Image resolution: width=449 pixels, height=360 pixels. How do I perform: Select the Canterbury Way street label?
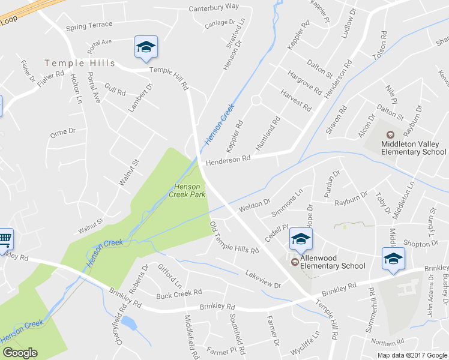click(x=214, y=7)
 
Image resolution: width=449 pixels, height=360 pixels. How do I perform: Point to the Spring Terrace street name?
click(x=89, y=26)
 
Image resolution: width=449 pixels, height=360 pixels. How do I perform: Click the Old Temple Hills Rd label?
click(x=234, y=237)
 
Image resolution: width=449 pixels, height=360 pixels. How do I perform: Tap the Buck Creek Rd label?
click(x=178, y=294)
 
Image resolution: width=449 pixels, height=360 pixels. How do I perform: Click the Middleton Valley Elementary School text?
click(x=414, y=148)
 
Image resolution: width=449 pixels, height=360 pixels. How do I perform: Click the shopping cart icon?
click(x=5, y=238)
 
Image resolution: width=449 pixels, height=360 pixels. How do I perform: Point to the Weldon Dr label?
click(x=255, y=205)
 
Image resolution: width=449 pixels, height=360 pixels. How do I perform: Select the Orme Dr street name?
click(x=63, y=131)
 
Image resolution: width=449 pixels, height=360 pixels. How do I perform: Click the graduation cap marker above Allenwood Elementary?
click(x=301, y=239)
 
